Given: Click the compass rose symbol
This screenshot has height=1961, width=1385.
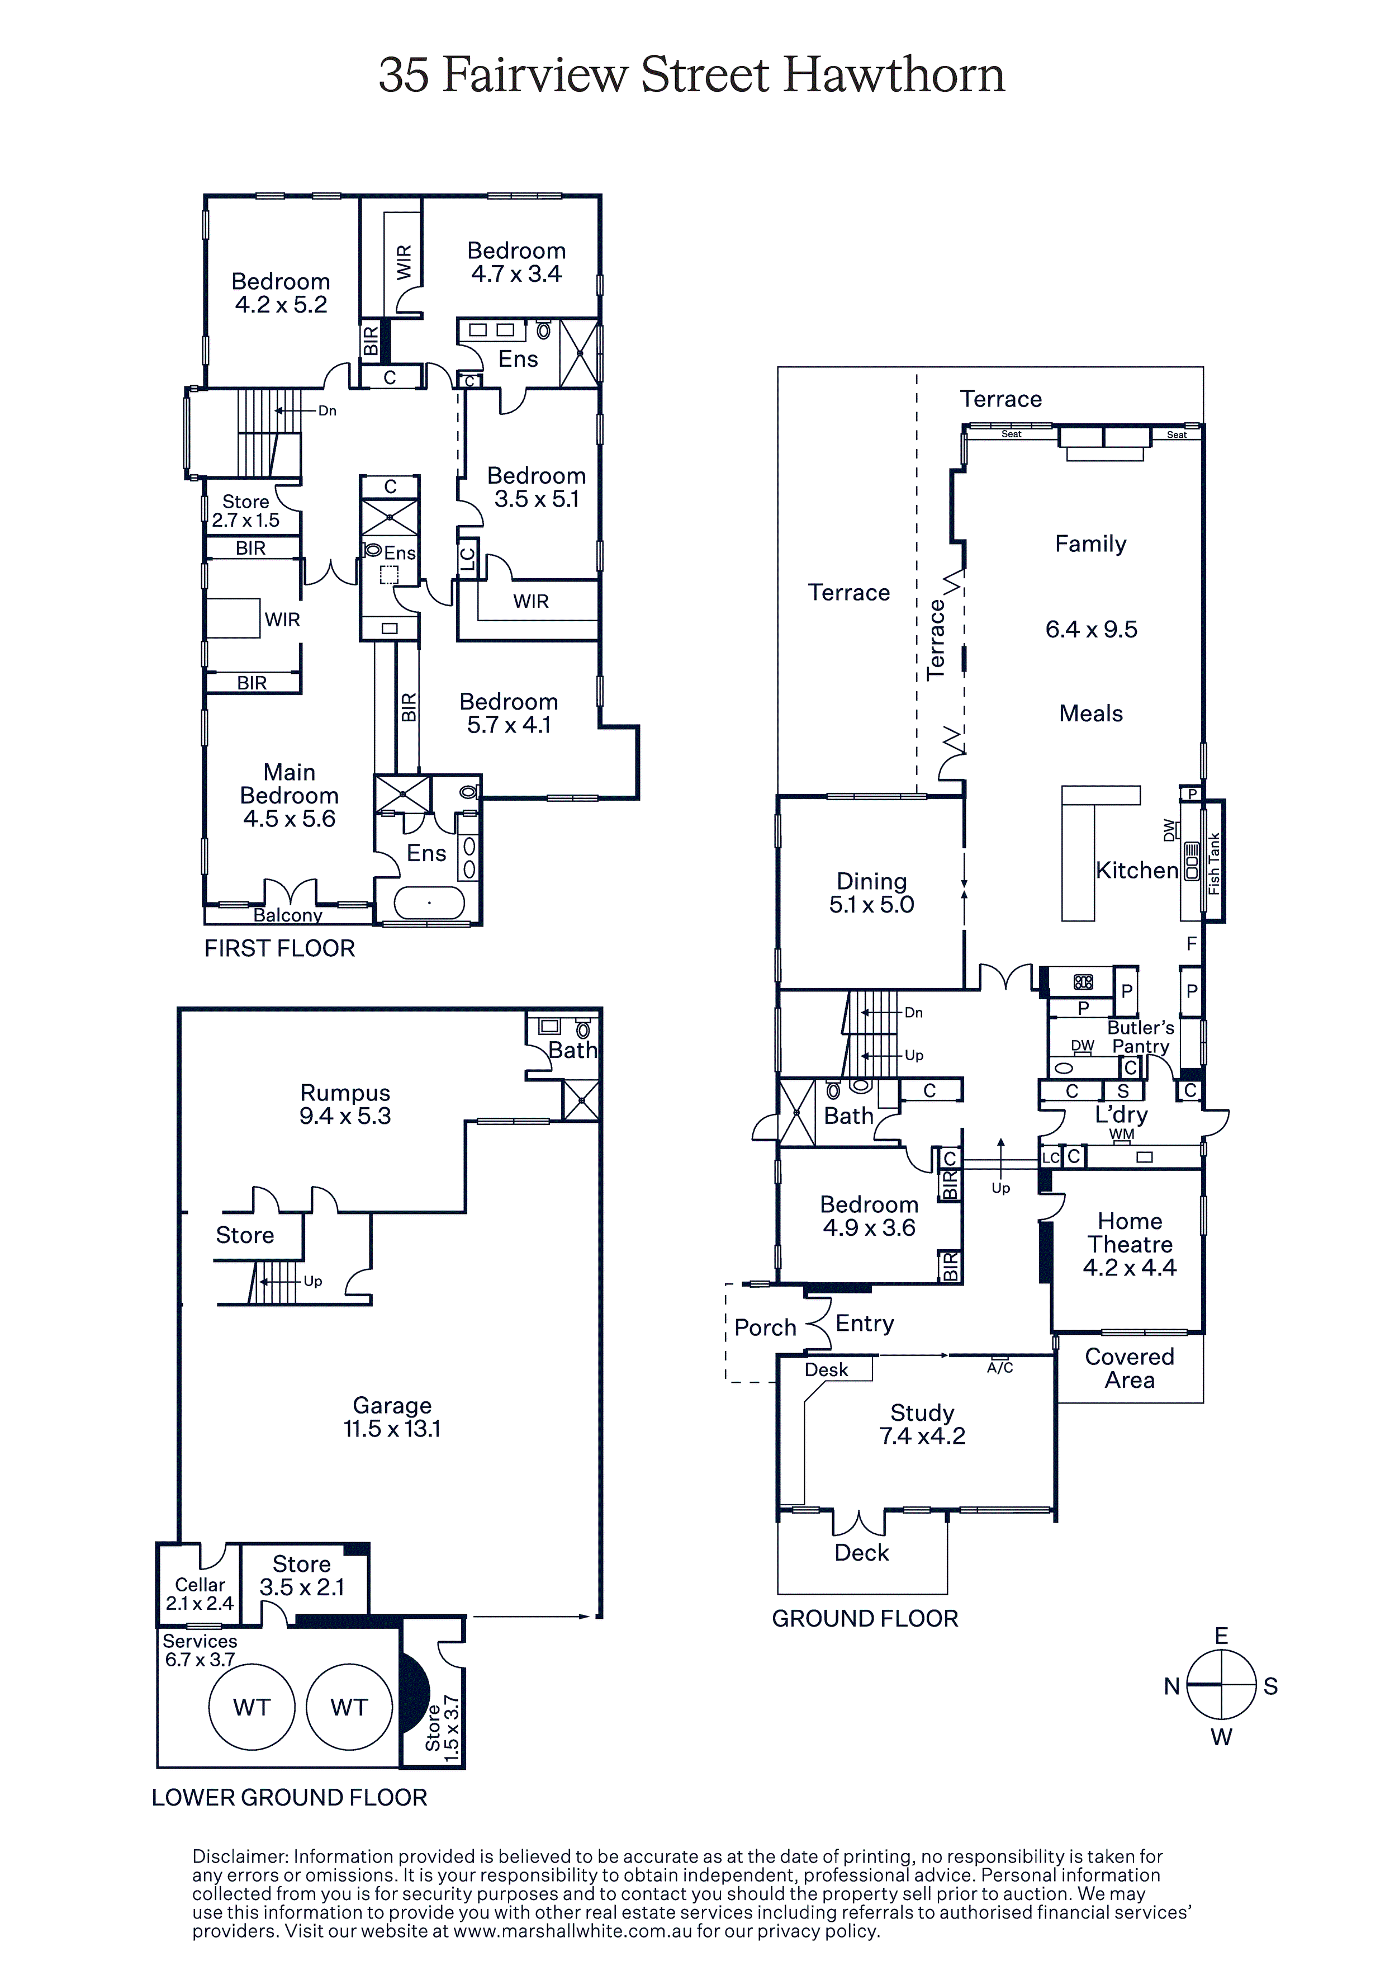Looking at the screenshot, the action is tap(1221, 1685).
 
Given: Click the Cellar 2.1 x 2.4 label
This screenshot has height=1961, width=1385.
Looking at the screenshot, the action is tap(200, 1594).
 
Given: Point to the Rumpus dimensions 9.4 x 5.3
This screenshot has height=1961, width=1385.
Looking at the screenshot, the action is tap(345, 1116).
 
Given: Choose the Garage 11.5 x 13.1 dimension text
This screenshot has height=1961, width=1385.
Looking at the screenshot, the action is tap(392, 1428).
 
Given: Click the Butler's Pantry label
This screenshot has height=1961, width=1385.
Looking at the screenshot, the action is tap(1141, 1037).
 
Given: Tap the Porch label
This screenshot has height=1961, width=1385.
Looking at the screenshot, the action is tap(765, 1327).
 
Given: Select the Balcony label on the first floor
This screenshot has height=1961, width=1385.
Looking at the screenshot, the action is tap(288, 915).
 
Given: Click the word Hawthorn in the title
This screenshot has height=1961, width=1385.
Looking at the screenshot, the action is tap(894, 74).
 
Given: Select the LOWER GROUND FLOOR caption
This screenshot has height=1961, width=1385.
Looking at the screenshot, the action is tap(290, 1797).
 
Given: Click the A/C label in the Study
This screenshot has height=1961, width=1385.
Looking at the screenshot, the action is tap(1000, 1367).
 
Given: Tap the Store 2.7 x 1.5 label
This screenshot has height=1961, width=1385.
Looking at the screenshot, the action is tap(246, 511).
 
